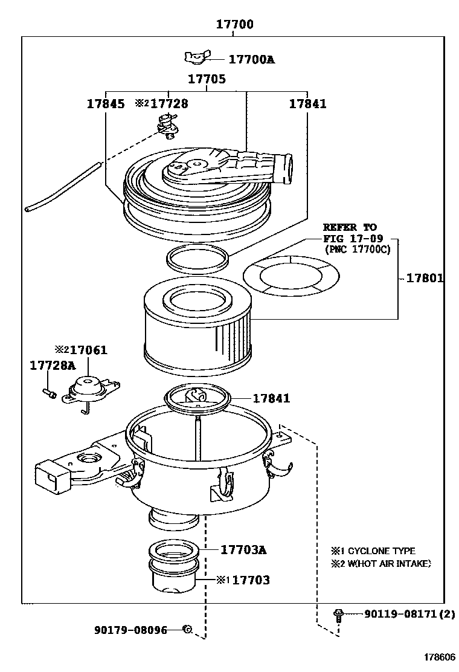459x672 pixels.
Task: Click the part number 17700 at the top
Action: pyautogui.click(x=235, y=25)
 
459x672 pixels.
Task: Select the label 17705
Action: pyautogui.click(x=207, y=79)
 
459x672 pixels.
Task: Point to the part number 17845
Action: pyautogui.click(x=105, y=104)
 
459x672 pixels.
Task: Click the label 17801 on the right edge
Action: pyautogui.click(x=425, y=279)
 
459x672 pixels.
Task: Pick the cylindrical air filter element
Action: pyautogui.click(x=196, y=329)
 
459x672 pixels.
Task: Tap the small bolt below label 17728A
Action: pyautogui.click(x=50, y=393)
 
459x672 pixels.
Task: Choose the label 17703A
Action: pyautogui.click(x=243, y=550)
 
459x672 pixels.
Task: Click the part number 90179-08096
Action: pyautogui.click(x=130, y=629)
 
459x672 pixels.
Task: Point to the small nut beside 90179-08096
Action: pyautogui.click(x=188, y=629)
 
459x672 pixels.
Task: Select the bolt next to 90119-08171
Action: pyautogui.click(x=338, y=615)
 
